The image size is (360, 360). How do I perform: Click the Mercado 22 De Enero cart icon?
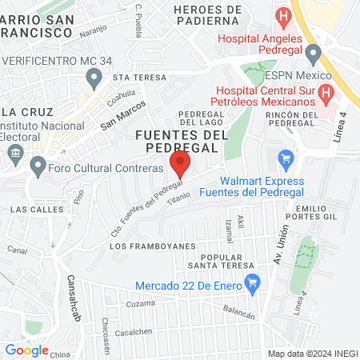pos(253,281)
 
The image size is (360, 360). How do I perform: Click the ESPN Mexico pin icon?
pos(313,54)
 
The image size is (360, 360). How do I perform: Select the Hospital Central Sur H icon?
pos(326,94)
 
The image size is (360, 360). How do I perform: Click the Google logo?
pos(26,350)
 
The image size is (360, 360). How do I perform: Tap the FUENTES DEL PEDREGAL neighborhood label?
pos(177,141)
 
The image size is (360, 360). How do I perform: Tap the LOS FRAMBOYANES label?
pos(142,246)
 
